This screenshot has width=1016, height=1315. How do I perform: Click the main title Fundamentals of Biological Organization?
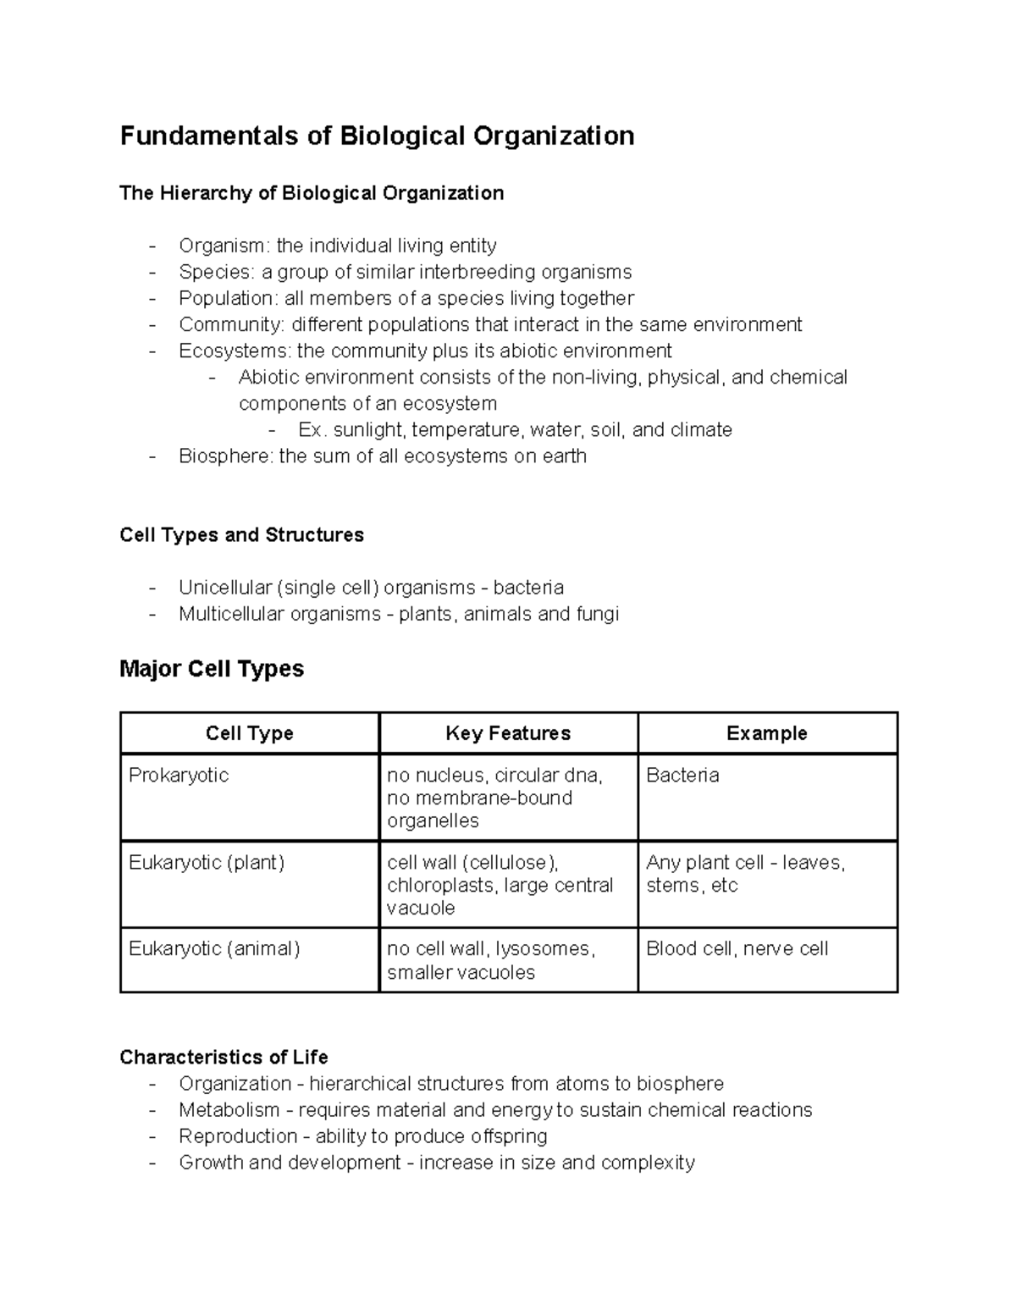pyautogui.click(x=377, y=136)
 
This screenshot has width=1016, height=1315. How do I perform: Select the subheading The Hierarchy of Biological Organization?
pyautogui.click(x=312, y=193)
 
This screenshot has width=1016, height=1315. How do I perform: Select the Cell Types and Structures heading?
pyautogui.click(x=241, y=535)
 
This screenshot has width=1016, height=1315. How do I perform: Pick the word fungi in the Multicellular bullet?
pyautogui.click(x=597, y=614)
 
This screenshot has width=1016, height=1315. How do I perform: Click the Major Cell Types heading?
pyautogui.click(x=212, y=669)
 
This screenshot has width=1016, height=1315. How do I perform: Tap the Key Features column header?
pyautogui.click(x=508, y=733)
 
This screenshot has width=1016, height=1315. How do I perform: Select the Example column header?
pyautogui.click(x=766, y=733)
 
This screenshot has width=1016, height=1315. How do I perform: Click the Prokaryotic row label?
pyautogui.click(x=179, y=776)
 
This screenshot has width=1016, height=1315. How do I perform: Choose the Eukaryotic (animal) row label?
pyautogui.click(x=214, y=949)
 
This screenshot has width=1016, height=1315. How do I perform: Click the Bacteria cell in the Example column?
pyautogui.click(x=682, y=776)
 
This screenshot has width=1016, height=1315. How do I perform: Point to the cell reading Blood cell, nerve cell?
pyautogui.click(x=737, y=949)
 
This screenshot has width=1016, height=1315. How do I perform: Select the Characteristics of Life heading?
pyautogui.click(x=224, y=1058)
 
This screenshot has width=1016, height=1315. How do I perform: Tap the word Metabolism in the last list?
pyautogui.click(x=229, y=1110)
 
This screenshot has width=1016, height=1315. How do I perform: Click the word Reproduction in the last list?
pyautogui.click(x=238, y=1136)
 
